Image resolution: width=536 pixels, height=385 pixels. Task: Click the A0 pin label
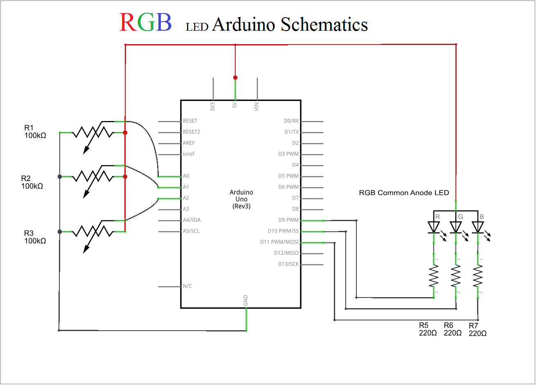[x=186, y=176]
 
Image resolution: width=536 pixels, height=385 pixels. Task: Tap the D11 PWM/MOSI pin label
[x=279, y=242]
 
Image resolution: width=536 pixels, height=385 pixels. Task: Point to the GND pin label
[x=245, y=300]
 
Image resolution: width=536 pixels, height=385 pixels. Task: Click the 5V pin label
[x=234, y=105]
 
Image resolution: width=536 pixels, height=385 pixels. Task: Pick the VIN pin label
[x=257, y=107]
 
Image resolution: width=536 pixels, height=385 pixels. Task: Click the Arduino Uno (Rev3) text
[x=241, y=199]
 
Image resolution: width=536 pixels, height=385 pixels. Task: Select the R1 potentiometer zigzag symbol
[x=92, y=132]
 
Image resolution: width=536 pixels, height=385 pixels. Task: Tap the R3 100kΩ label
[x=35, y=237]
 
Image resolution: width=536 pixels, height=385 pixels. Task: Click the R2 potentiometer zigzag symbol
[x=92, y=177]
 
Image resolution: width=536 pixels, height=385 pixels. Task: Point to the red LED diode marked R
[x=433, y=227]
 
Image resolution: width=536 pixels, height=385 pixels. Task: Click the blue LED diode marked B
[x=477, y=227]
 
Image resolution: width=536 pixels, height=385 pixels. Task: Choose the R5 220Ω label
[x=428, y=329]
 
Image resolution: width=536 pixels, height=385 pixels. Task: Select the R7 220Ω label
[x=477, y=329]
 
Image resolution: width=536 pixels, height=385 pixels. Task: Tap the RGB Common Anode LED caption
[x=404, y=193]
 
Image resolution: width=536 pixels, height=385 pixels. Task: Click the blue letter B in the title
[x=164, y=23]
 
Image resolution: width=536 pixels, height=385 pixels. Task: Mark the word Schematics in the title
[x=324, y=25]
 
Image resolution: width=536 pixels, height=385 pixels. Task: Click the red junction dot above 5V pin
[x=235, y=78]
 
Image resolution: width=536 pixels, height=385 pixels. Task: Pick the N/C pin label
[x=187, y=286]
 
